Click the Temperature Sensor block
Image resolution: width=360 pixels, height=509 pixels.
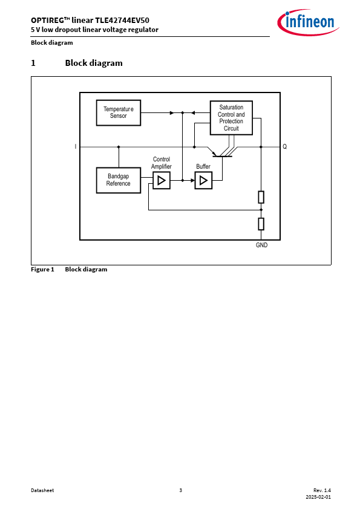[x=119, y=112]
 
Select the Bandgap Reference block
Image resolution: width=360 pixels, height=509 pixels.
[x=119, y=180]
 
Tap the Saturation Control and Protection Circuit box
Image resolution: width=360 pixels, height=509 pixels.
[x=231, y=118]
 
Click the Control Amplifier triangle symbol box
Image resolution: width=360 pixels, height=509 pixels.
[x=162, y=180]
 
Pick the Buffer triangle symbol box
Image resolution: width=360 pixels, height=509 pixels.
[x=203, y=180]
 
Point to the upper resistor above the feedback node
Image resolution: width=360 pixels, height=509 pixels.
[x=261, y=197]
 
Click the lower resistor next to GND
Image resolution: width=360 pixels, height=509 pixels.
[x=261, y=224]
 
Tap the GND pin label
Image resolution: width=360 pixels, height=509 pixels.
[x=261, y=245]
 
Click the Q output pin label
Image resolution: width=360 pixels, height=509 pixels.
[x=284, y=147]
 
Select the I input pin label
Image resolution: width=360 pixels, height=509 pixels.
[x=76, y=147]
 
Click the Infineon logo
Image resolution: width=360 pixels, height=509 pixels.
[x=308, y=22]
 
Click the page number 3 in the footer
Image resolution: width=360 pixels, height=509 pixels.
[x=181, y=490]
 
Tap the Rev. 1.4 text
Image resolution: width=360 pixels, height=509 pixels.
[x=322, y=490]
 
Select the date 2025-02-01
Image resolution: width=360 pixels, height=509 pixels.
[x=318, y=497]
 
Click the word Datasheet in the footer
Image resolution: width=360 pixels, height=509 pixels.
[x=42, y=490]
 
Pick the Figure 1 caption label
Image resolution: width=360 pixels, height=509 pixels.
[x=42, y=270]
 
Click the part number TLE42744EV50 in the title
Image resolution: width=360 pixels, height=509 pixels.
[x=122, y=20]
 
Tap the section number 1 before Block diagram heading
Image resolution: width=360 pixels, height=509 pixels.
[x=33, y=63]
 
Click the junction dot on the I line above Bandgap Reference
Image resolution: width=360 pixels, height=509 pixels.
[x=119, y=147]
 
